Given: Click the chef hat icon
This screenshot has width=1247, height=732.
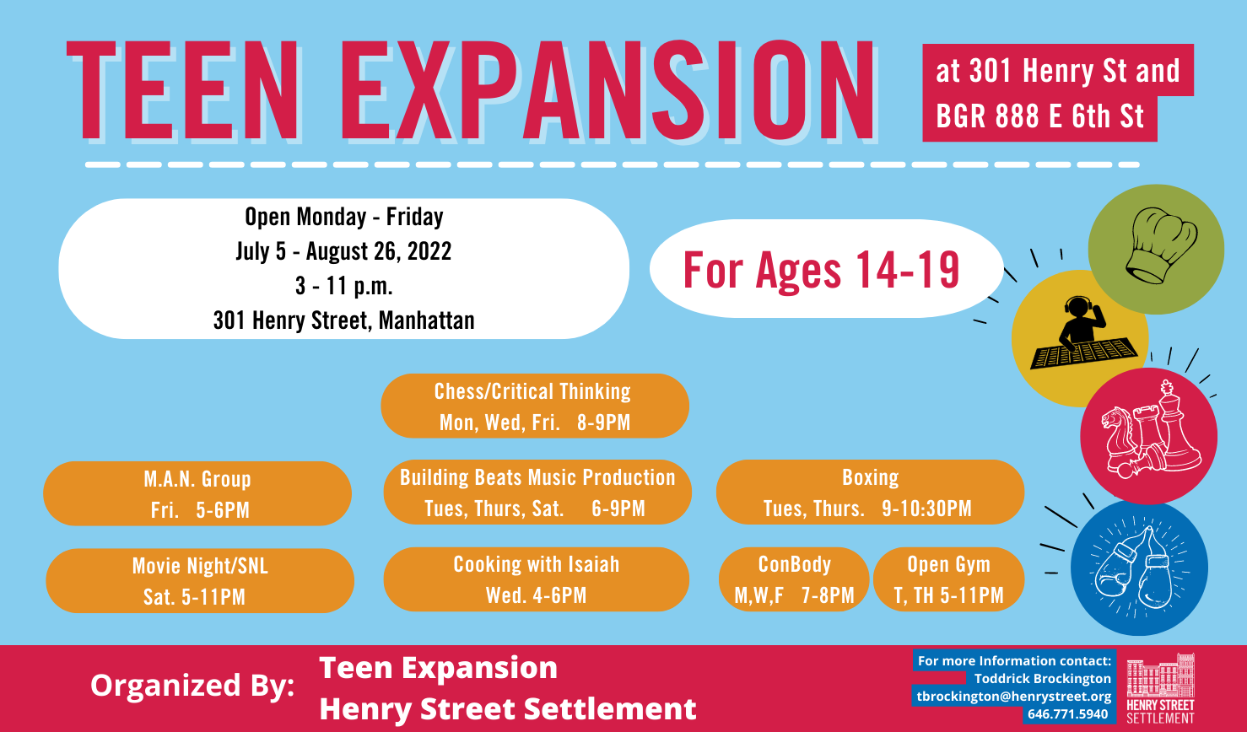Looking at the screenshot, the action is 1161,245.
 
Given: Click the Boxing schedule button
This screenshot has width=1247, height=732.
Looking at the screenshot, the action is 870,492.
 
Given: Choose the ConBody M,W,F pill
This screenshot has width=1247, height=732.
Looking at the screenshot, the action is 794,579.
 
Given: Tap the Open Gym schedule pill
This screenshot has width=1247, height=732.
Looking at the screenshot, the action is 948,579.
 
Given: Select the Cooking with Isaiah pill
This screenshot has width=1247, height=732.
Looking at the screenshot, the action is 536,579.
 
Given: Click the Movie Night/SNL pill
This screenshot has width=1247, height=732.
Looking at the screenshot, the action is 200,581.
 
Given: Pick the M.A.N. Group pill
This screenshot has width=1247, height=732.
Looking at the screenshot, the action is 197,494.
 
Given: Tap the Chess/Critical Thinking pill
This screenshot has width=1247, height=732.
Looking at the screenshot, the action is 535,406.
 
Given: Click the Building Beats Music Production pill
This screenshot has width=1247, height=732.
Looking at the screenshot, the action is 537,492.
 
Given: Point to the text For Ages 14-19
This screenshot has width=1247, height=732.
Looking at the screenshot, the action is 821,270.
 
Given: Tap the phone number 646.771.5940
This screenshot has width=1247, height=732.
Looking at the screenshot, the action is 1068,714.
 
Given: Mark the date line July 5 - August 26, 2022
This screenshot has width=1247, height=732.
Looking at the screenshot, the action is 343,251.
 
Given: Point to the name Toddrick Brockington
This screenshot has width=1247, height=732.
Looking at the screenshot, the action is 1043,679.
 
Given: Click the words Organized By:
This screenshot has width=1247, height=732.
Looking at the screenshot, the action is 192,686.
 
